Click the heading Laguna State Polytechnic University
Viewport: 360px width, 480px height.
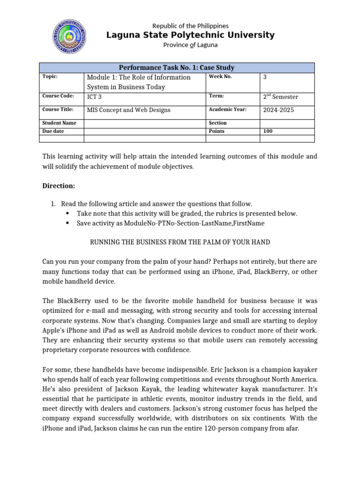click(190, 35)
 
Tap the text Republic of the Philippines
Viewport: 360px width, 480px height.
click(190, 26)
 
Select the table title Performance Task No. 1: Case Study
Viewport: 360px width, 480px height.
click(177, 67)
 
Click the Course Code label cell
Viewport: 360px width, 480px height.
click(58, 96)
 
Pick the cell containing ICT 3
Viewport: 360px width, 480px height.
click(94, 97)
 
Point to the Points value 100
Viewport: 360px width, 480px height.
click(268, 131)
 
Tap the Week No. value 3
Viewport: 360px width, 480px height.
click(265, 77)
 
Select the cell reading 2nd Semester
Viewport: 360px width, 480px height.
click(280, 97)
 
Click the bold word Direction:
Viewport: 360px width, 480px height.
click(59, 186)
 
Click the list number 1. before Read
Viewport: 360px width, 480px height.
click(53, 203)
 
